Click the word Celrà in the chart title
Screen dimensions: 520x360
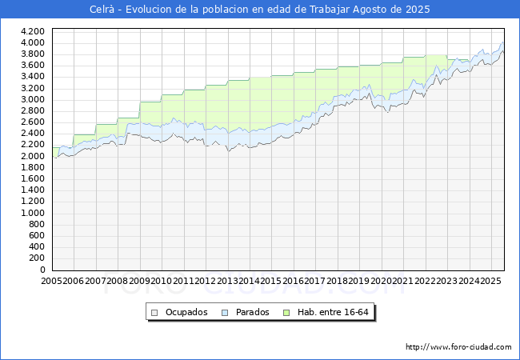[102, 10]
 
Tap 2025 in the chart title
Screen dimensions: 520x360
[418, 10]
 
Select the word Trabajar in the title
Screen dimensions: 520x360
[330, 10]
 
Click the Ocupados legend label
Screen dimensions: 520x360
[186, 312]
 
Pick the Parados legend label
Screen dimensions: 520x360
[252, 312]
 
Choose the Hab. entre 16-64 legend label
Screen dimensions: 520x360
[333, 312]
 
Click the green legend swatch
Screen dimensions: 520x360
[286, 313]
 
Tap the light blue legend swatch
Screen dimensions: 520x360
[225, 313]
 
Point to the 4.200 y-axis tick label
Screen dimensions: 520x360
[33, 31]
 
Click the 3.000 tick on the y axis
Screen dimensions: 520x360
[33, 99]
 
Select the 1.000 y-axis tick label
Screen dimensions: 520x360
[33, 213]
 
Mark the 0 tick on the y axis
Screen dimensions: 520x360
[42, 270]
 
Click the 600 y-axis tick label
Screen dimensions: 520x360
[37, 235]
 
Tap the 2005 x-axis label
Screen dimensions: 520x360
[51, 281]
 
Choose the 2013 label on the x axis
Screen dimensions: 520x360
[227, 281]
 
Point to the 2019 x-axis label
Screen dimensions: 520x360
[359, 281]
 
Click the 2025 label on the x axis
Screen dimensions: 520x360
[491, 281]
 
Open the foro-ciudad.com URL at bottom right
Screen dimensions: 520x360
[458, 347]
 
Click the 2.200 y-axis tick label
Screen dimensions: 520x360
[33, 145]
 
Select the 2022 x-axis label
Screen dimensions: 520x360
[425, 281]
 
